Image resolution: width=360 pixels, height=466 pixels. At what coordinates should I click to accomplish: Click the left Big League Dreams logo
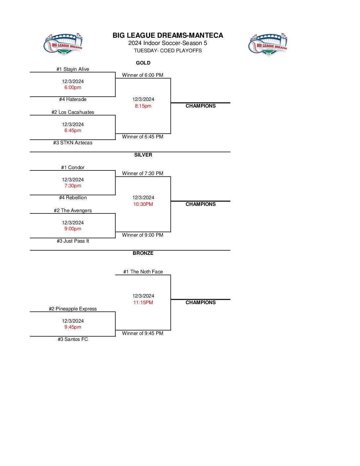click(x=63, y=44)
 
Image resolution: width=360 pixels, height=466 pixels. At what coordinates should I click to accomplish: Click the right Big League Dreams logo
click(x=268, y=44)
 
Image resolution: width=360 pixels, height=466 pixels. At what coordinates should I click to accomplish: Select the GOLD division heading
click(x=143, y=63)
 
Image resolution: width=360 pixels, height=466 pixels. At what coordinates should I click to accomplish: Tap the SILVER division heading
click(x=143, y=155)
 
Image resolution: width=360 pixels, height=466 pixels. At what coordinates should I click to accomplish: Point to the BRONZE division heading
click(x=143, y=253)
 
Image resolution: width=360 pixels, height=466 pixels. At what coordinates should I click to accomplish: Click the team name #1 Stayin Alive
click(x=73, y=69)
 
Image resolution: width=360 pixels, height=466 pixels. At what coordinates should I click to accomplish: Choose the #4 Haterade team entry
click(x=73, y=99)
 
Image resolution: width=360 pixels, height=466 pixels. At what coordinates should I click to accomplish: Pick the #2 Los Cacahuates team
click(x=73, y=112)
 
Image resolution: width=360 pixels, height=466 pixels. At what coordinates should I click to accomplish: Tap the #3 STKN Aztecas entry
click(x=73, y=143)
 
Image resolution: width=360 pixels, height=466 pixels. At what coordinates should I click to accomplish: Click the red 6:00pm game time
click(x=73, y=87)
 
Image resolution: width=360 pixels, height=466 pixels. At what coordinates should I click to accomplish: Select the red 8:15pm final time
click(x=143, y=106)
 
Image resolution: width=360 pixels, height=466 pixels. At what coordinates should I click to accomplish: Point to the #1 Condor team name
click(x=73, y=167)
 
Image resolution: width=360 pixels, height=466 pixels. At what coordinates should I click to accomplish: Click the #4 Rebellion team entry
click(x=73, y=198)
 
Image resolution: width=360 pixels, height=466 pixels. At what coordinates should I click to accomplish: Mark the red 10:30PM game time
click(x=143, y=204)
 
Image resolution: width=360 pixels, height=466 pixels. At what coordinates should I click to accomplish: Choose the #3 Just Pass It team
click(x=73, y=241)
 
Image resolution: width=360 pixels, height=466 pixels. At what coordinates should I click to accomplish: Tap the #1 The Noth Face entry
click(x=143, y=272)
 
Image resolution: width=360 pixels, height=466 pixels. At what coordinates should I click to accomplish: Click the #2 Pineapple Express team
click(x=73, y=309)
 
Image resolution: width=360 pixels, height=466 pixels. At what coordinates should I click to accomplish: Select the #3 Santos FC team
click(x=73, y=339)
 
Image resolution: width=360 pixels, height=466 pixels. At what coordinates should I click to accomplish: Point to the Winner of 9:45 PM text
click(x=143, y=333)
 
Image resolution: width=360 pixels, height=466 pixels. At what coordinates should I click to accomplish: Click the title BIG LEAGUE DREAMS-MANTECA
click(x=168, y=35)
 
